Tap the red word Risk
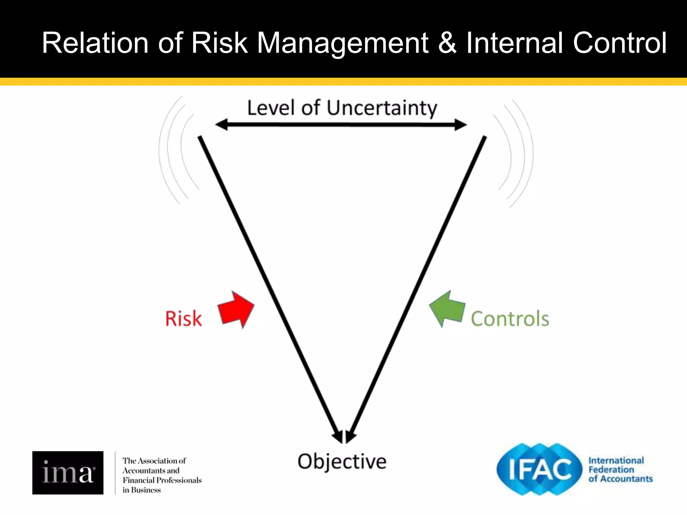coord(183,319)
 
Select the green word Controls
coord(510,319)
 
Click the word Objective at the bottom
coord(342,462)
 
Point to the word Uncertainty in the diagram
coord(382,108)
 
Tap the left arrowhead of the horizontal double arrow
coord(221,125)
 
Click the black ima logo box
coord(68,472)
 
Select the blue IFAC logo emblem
coord(539,469)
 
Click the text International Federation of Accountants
coord(620,469)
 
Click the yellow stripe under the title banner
coord(343,81)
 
